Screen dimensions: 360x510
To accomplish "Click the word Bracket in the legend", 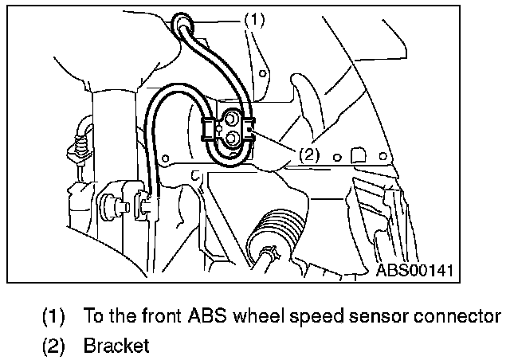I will tap(116, 346).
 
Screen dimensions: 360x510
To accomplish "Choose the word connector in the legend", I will tap(463, 316).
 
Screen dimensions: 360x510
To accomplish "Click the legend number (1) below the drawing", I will tap(53, 316).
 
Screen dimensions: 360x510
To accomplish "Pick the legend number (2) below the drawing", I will tap(53, 346).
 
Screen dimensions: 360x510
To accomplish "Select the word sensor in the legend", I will tap(391, 316).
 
